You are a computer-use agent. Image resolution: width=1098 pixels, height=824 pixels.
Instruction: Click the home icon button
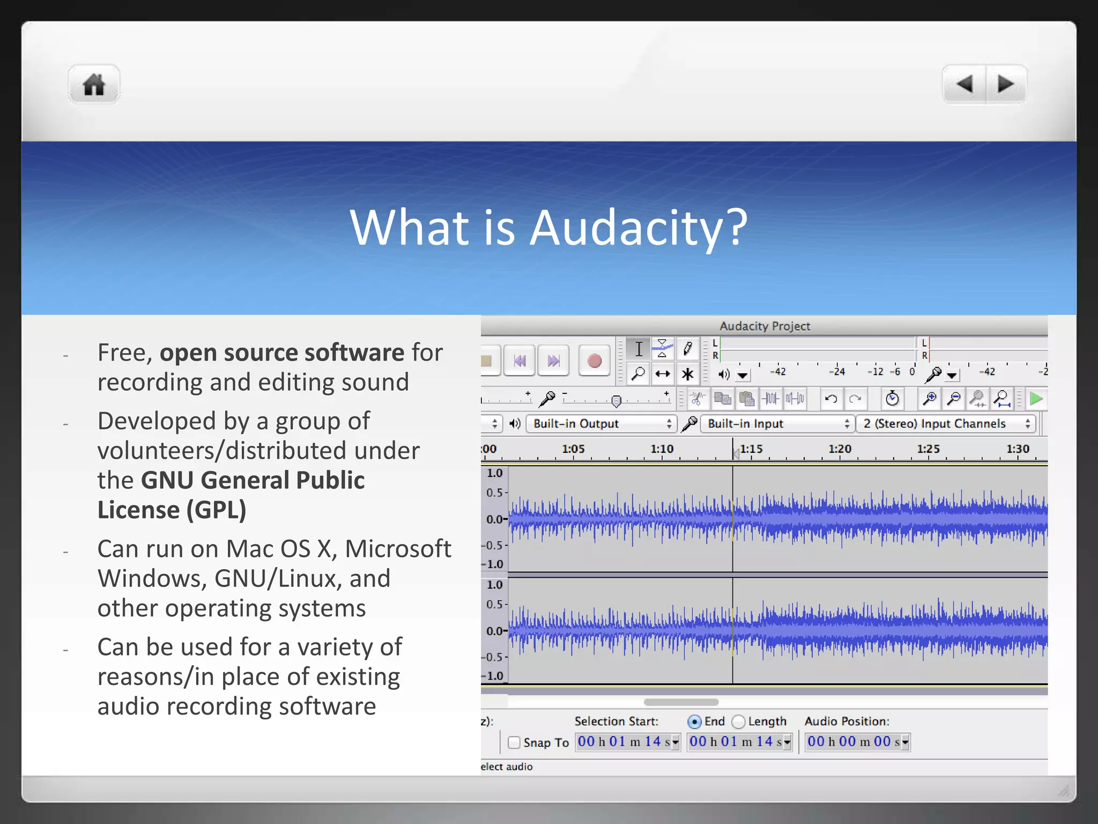point(94,85)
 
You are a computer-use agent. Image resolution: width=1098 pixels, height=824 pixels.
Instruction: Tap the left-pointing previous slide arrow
point(964,84)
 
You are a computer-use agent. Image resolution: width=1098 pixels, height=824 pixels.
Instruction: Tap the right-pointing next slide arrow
point(1006,84)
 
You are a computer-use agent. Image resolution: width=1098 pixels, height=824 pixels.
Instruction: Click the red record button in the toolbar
point(594,361)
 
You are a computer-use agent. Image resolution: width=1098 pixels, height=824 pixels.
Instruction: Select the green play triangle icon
point(1036,399)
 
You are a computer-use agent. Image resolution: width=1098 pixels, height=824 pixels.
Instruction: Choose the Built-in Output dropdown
point(601,424)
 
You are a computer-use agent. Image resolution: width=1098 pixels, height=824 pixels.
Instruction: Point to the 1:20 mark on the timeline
point(840,450)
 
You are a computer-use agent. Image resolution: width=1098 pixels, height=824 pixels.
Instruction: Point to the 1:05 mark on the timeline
point(573,450)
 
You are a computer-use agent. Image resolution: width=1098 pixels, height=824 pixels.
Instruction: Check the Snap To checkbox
point(514,742)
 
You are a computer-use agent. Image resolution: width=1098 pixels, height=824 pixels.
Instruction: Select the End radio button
point(694,722)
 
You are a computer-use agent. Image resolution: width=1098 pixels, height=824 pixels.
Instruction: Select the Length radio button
point(739,722)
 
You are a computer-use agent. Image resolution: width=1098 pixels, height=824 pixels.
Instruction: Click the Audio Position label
point(847,722)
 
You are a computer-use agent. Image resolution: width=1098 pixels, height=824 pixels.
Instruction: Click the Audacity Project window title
point(765,326)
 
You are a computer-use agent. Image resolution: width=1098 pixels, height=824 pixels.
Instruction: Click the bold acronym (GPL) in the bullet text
point(217,510)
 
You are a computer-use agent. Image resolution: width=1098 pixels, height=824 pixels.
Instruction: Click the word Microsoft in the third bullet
point(398,549)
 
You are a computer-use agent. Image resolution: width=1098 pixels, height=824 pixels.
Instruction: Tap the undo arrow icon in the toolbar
point(831,399)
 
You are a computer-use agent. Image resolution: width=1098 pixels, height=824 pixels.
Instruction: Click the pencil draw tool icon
point(687,349)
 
